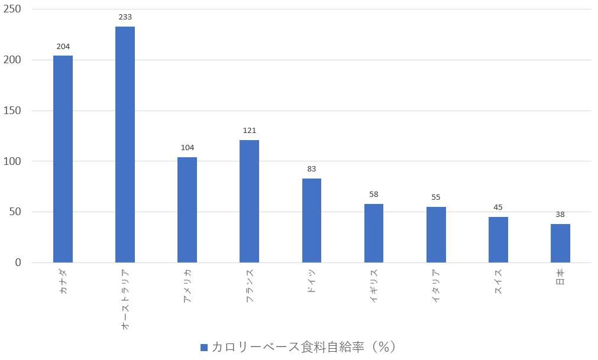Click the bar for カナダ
(63, 159)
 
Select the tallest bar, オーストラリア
(125, 144)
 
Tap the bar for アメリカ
(188, 210)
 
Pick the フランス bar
(250, 201)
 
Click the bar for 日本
(560, 243)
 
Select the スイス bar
(498, 239)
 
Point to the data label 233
(125, 17)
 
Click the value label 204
(63, 47)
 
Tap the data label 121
(250, 130)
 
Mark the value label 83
(312, 168)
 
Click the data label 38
(560, 215)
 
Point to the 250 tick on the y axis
(12, 9)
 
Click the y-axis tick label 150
(12, 111)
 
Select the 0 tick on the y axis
(18, 262)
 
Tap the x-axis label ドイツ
(312, 281)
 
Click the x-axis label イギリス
(374, 286)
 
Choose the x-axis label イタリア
(436, 286)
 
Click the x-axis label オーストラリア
(125, 300)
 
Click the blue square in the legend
(204, 348)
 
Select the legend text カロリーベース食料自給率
(288, 347)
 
